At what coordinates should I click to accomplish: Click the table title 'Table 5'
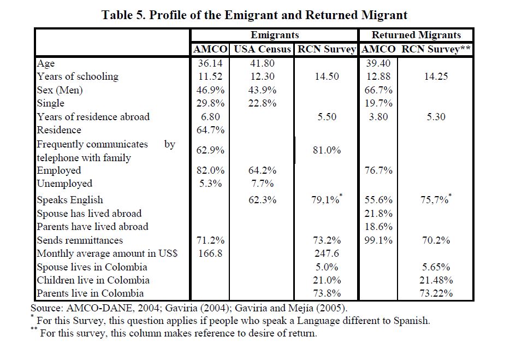click(254, 15)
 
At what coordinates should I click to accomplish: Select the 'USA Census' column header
click(262, 49)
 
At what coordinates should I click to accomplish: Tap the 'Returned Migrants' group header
click(416, 35)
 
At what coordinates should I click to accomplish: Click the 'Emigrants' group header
click(275, 35)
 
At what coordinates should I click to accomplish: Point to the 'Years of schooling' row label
click(78, 76)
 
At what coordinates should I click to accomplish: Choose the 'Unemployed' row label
click(64, 184)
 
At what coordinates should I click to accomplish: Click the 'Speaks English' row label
click(70, 200)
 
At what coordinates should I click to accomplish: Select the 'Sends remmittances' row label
click(80, 240)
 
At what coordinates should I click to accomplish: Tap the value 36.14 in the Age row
click(209, 63)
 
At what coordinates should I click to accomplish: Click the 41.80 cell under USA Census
click(262, 63)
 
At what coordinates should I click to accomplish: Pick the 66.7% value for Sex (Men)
click(378, 90)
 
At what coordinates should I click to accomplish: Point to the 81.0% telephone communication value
click(327, 151)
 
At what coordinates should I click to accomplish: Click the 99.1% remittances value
click(378, 240)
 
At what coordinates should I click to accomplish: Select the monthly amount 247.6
click(327, 253)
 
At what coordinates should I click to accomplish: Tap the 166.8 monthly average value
click(209, 253)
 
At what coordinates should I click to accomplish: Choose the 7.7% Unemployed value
click(262, 184)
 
